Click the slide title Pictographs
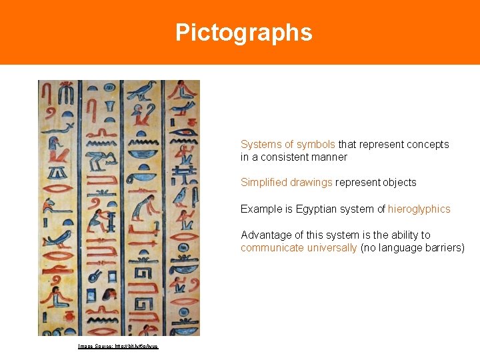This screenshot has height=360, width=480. [243, 33]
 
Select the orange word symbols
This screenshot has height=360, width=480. [315, 144]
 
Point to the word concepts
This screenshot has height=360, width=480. [427, 144]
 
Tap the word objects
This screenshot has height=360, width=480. [399, 182]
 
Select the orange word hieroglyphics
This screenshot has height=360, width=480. [419, 209]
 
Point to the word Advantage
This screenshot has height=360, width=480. [265, 235]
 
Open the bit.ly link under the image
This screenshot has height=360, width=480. [137, 346]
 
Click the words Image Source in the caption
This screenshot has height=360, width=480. [95, 346]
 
